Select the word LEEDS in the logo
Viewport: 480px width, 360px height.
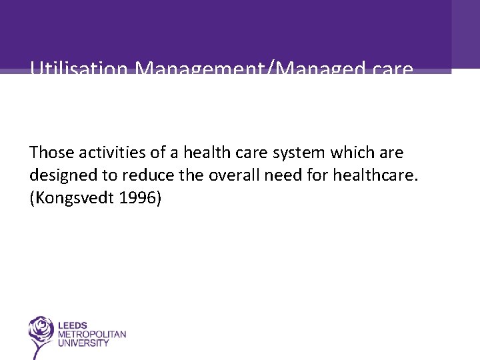73,325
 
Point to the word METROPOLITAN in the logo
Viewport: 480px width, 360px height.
91,334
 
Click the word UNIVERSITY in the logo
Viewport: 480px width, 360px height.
83,343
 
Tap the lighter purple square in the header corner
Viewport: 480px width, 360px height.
465,34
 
